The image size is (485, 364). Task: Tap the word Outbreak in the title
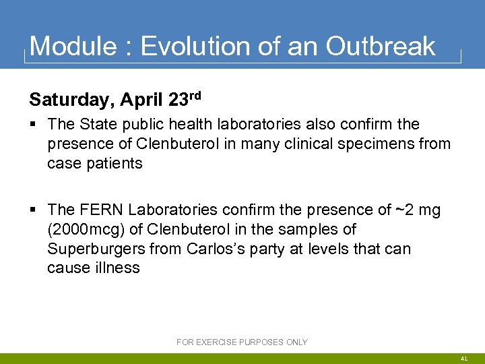pyautogui.click(x=381, y=47)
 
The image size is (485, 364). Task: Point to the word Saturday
pyautogui.click(x=71, y=100)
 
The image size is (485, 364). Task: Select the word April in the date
pyautogui.click(x=142, y=100)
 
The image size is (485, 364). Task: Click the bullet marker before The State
pyautogui.click(x=34, y=125)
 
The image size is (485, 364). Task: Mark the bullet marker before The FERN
pyautogui.click(x=34, y=211)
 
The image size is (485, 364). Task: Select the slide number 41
pyautogui.click(x=464, y=359)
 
